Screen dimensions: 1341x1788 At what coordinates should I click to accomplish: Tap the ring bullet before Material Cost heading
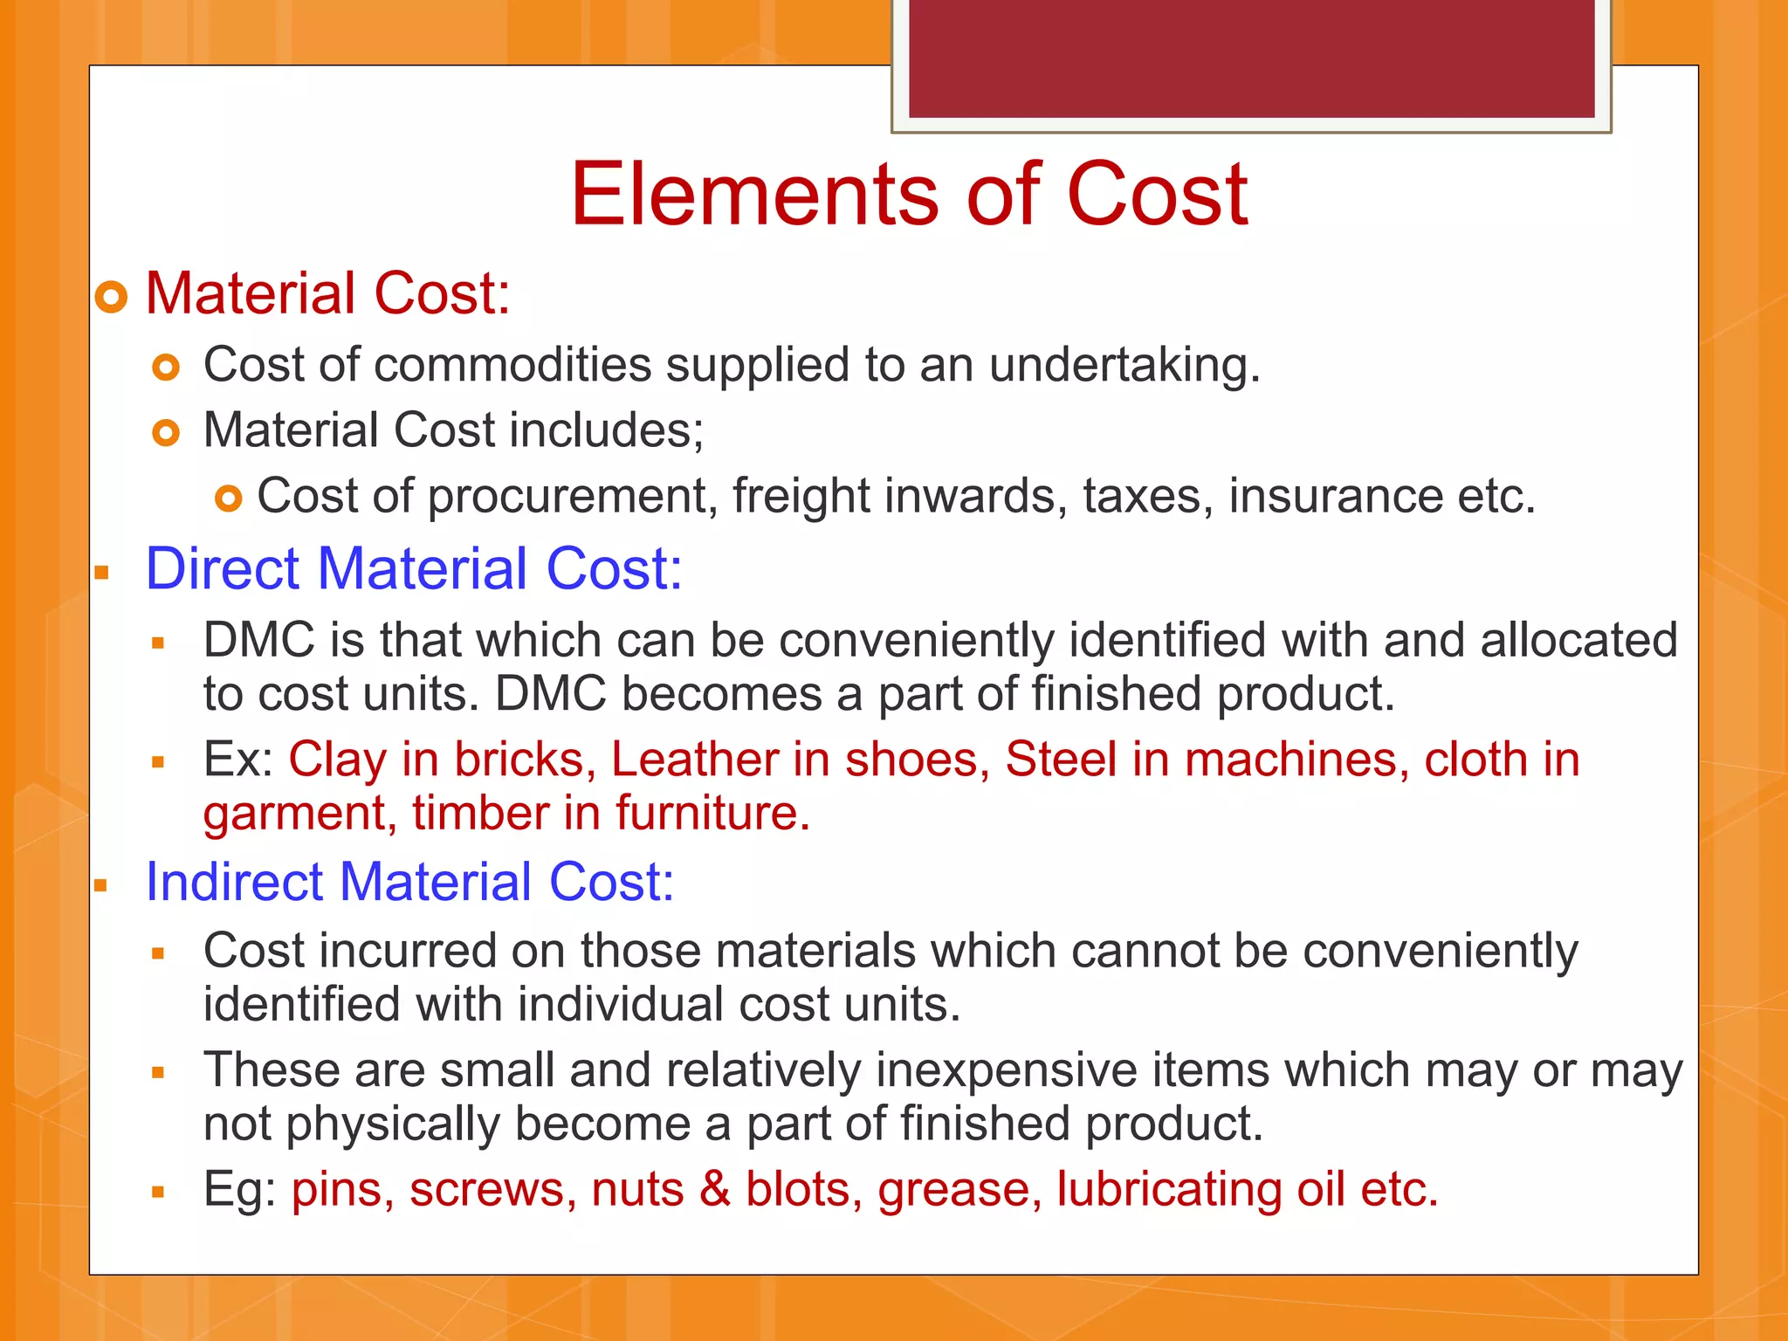[x=112, y=298]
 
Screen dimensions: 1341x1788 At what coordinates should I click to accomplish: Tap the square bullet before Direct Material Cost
[x=102, y=574]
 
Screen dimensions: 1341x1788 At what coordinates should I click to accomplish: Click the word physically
[x=393, y=1124]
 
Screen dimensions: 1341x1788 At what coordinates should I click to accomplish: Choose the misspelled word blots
[x=797, y=1190]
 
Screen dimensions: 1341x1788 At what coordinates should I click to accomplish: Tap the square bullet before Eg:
[x=158, y=1193]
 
